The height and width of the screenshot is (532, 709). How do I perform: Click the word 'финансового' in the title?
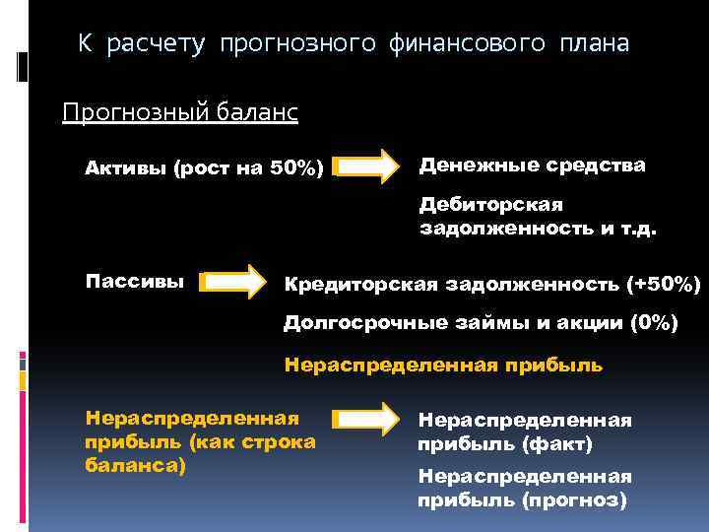click(x=467, y=44)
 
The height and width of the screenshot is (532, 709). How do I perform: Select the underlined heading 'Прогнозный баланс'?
click(x=179, y=112)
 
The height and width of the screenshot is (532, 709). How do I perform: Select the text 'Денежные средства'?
click(x=533, y=165)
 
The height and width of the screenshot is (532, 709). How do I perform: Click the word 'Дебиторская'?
click(x=490, y=204)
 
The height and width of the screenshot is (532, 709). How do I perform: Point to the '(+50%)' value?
click(x=663, y=285)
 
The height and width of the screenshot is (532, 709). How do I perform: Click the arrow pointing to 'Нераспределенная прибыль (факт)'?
click(x=366, y=420)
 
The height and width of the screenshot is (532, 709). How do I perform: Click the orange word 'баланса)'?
click(x=136, y=464)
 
